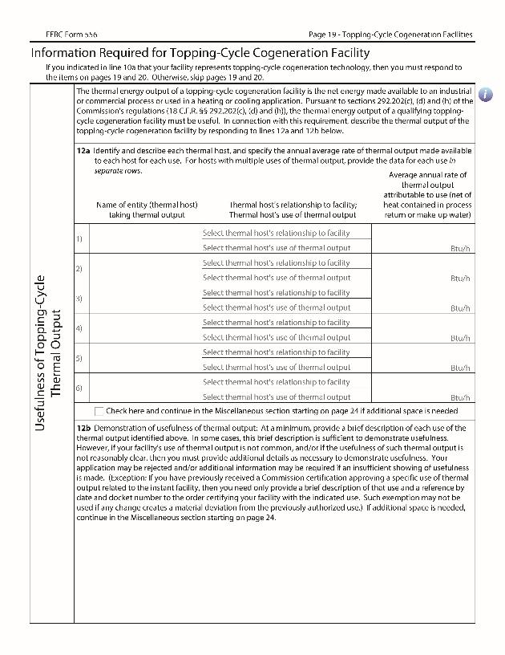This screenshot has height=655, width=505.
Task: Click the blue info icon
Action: (x=485, y=94)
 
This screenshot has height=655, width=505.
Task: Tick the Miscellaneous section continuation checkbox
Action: (x=99, y=411)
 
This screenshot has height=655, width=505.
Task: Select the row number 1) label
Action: (x=79, y=239)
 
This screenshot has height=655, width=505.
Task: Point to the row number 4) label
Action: (x=79, y=328)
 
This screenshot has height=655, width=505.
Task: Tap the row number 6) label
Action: (x=79, y=389)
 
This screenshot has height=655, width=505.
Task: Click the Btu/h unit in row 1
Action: (x=459, y=248)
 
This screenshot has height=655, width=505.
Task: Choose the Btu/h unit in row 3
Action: (x=459, y=307)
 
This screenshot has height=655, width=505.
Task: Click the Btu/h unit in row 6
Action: (x=459, y=397)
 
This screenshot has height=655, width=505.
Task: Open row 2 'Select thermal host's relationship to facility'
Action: (x=277, y=262)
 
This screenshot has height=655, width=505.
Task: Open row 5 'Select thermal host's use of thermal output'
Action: (x=277, y=367)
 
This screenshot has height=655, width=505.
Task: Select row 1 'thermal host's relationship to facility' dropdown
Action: (x=277, y=233)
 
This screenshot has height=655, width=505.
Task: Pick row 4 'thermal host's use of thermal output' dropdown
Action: (x=277, y=337)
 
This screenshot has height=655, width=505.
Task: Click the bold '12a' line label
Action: (x=84, y=151)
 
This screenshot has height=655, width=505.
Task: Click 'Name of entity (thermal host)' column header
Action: (x=147, y=205)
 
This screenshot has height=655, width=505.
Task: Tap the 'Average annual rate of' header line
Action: (x=427, y=175)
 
